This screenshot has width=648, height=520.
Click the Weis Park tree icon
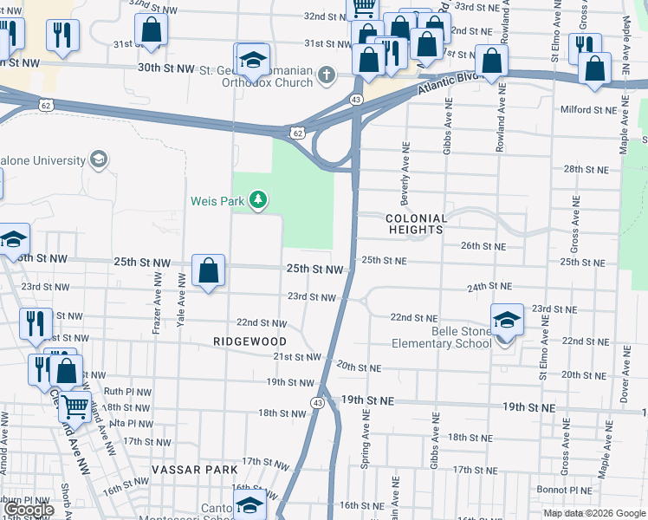[257, 201]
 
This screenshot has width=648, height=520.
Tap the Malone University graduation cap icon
[99, 160]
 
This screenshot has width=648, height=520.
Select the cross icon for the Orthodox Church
[327, 75]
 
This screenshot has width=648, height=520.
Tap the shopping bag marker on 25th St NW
[209, 271]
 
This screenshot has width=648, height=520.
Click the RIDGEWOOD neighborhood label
[249, 342]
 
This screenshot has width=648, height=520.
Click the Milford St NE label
[586, 110]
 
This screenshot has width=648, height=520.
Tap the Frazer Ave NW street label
[157, 303]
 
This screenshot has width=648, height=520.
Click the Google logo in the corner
[29, 510]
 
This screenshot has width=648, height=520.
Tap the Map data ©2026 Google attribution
[593, 513]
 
